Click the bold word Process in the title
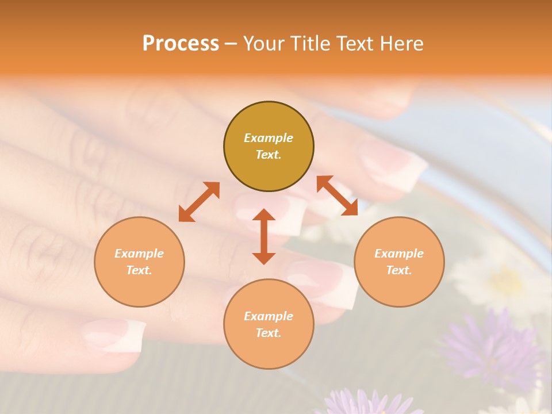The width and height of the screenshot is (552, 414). click(x=181, y=44)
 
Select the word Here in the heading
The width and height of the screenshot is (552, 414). click(x=402, y=44)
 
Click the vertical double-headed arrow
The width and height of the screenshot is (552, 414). click(x=264, y=236)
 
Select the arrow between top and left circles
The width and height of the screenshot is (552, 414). click(x=199, y=202)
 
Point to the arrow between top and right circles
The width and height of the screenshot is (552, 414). click(x=338, y=195)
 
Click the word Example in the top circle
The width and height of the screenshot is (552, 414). click(x=269, y=138)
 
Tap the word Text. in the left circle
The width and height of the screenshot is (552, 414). click(x=139, y=270)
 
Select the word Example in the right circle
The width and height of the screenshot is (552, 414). click(x=399, y=254)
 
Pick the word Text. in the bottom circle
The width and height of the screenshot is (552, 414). click(x=269, y=333)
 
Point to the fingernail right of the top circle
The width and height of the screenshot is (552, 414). click(x=397, y=167)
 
